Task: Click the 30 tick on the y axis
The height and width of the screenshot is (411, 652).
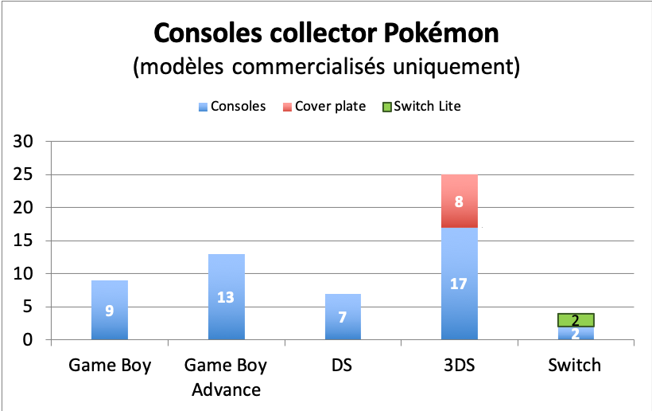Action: (x=28, y=142)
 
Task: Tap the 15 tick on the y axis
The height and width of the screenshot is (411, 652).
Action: (x=28, y=241)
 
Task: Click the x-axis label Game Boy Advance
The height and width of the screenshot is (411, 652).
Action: (x=226, y=378)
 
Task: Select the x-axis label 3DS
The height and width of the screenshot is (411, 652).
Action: (x=459, y=366)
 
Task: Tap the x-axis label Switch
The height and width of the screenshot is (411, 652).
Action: (x=575, y=366)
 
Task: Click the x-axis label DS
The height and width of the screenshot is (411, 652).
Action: (x=342, y=366)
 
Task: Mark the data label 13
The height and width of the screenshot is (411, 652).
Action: (x=226, y=297)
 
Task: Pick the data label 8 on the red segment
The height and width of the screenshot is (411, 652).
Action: (x=459, y=202)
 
